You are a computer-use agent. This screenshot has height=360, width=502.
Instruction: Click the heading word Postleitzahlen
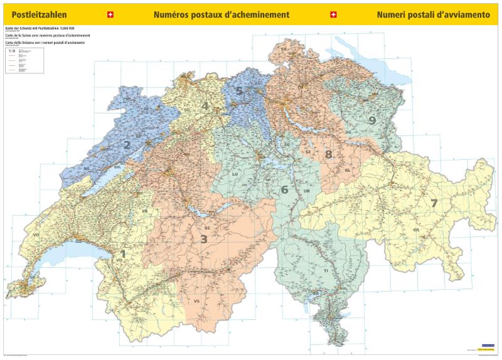coord(39,14)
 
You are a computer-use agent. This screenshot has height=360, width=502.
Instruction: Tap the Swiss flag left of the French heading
coord(111,14)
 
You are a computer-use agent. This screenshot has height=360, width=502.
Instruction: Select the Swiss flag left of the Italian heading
coord(333,14)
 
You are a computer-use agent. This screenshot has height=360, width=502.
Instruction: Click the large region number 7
coord(434,203)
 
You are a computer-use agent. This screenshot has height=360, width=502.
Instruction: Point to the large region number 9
coord(372,120)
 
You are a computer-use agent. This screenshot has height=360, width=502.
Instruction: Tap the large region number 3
coord(203,238)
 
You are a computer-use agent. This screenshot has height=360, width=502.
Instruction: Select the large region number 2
coord(127,145)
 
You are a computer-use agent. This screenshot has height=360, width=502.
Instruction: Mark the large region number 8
coord(328,154)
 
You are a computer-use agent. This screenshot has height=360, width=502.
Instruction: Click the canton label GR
coord(416,230)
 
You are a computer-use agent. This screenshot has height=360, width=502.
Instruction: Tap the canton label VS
coord(197,302)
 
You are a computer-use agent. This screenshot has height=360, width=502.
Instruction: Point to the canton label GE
coord(33,277)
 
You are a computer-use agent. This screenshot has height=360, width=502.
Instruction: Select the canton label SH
coord(284,48)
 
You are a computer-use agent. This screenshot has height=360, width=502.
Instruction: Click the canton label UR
coord(306,191)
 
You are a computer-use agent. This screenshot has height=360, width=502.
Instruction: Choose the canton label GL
coord(347,171)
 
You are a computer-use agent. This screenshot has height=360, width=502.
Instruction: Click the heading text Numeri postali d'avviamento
coord(433,14)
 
